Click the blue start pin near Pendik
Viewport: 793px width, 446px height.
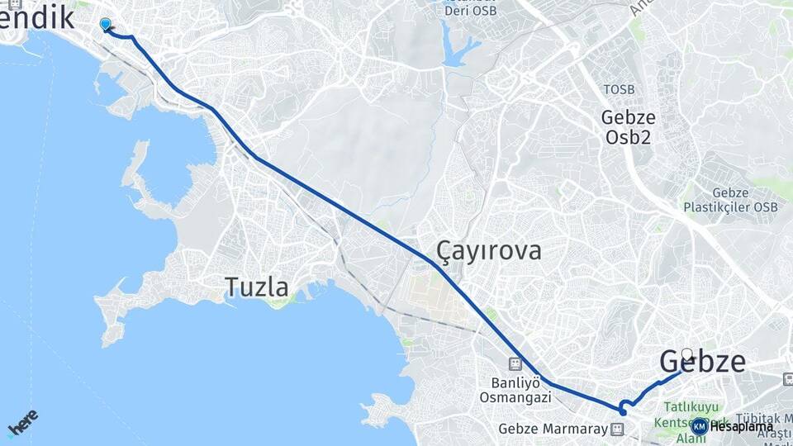click(x=105, y=25)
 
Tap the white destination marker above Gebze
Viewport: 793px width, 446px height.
click(x=686, y=355)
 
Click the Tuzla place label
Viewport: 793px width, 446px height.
click(x=257, y=287)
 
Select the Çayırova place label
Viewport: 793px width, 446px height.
click(x=489, y=250)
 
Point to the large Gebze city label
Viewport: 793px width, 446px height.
click(x=702, y=362)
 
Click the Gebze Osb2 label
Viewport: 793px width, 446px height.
click(x=626, y=127)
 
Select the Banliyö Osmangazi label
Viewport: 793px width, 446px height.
click(x=515, y=390)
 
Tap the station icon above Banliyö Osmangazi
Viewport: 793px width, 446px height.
click(x=515, y=363)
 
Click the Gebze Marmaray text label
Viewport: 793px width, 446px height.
click(x=553, y=429)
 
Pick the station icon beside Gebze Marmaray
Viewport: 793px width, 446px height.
click(x=617, y=429)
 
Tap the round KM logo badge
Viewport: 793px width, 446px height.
click(x=699, y=426)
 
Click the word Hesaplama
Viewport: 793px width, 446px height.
click(x=741, y=427)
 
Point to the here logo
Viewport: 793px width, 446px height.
click(x=22, y=422)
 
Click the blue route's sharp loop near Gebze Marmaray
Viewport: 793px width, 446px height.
click(x=624, y=406)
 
